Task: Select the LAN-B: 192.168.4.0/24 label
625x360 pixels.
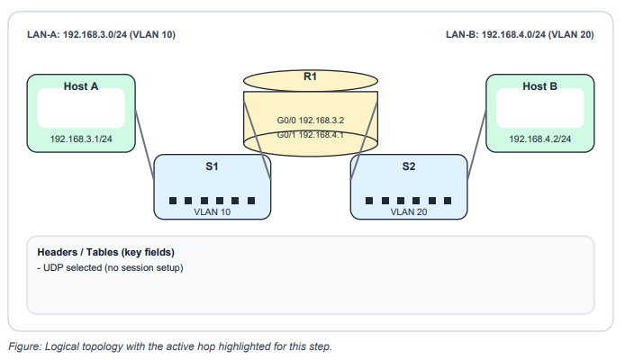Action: tap(519, 36)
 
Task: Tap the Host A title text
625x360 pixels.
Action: tap(81, 86)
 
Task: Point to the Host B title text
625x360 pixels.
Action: tap(540, 86)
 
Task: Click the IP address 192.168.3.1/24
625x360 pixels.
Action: tap(81, 139)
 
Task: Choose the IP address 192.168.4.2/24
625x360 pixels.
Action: tap(540, 139)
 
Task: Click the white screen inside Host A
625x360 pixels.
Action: tap(81, 109)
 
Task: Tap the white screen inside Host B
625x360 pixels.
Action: tap(540, 109)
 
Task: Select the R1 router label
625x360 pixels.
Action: tap(310, 78)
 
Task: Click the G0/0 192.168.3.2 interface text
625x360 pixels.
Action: tap(311, 119)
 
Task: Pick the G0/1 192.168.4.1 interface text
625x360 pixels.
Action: tap(311, 135)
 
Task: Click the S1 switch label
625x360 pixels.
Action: tap(213, 166)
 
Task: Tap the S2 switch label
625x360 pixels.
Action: tap(409, 166)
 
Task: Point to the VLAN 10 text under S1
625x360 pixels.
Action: tap(213, 213)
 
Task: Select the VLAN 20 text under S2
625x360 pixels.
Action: tap(409, 213)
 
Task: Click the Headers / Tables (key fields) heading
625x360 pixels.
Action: tap(105, 252)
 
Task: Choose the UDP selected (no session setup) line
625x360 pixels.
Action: tap(111, 267)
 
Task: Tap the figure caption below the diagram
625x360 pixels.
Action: tap(170, 346)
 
